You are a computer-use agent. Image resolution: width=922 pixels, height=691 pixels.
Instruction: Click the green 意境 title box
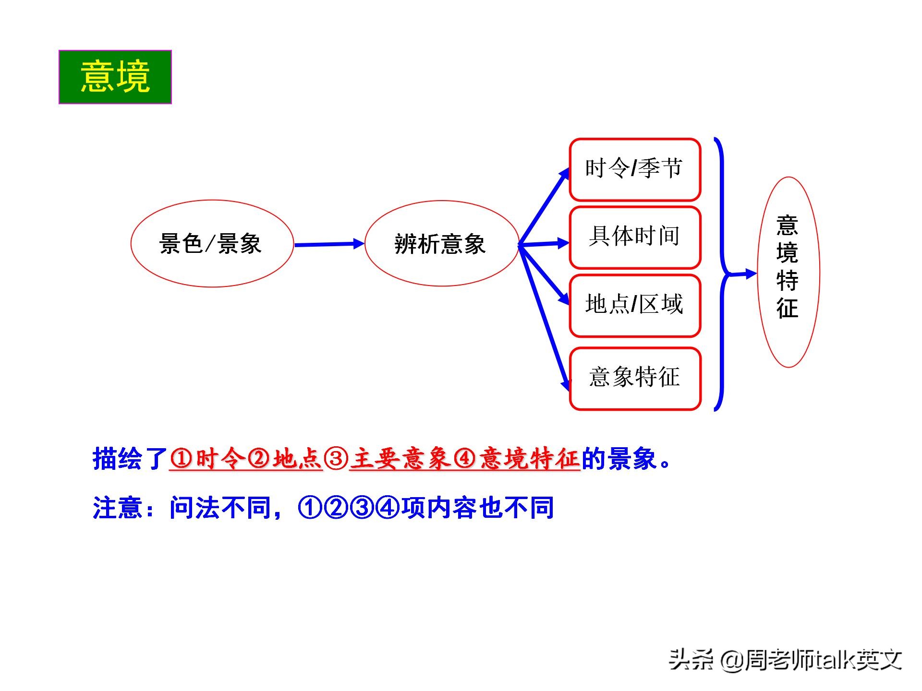tap(115, 77)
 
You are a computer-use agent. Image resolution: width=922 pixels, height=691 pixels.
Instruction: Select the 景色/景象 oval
tap(212, 243)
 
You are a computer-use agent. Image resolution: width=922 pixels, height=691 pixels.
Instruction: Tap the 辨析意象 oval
tap(441, 243)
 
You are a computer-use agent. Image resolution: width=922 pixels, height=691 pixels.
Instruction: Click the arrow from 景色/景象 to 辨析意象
tap(329, 244)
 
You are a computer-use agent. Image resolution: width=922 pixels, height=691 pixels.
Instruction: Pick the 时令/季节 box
tap(635, 169)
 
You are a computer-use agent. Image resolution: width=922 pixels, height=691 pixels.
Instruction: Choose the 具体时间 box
tap(635, 237)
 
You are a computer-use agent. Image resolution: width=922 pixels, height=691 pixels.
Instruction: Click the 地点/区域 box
tap(635, 305)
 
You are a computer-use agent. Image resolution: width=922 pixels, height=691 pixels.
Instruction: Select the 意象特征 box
tap(635, 379)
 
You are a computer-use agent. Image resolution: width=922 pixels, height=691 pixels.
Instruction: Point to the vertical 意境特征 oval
tap(788, 272)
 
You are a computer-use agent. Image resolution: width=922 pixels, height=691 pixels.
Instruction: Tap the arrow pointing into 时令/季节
tap(544, 206)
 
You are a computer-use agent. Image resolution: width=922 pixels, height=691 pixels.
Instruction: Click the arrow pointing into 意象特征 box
tap(544, 318)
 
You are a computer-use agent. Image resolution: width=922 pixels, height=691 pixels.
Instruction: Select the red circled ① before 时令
tap(182, 459)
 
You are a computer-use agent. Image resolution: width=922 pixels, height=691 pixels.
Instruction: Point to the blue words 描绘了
tap(130, 459)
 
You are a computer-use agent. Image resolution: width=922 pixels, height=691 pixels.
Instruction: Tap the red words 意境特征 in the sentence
tap(530, 459)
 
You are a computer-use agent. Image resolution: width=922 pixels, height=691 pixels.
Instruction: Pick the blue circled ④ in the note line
tap(388, 508)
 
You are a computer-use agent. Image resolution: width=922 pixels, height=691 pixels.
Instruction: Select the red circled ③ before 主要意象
tap(336, 459)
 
